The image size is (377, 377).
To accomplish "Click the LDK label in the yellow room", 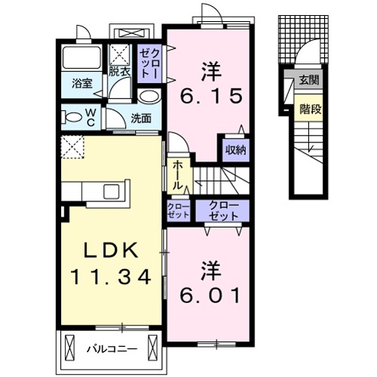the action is coord(112,250).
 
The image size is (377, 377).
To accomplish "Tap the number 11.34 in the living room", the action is coord(111,276).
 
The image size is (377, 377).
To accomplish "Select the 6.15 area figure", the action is coord(211,96).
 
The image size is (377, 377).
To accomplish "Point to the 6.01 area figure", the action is coord(210,295).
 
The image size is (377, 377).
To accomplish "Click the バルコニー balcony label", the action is coord(112,349).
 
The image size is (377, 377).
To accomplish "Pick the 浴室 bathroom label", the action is coord(82,84).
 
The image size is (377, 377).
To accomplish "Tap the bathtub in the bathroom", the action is coord(82,57).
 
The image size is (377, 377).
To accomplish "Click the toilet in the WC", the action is coord(72,118).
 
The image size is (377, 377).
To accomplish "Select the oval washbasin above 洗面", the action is coord(149,96).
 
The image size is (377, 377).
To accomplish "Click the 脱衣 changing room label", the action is coord(119,72).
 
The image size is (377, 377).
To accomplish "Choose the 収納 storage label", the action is coord(235,150).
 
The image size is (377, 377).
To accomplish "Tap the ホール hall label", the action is coord(177,176).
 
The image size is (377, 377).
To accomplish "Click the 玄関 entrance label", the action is coord(309,80).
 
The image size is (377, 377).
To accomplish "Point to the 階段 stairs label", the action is coord(311,109).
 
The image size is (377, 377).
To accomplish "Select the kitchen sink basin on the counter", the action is coord(112,192).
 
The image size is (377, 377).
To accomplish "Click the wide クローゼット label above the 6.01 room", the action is coord(223,210).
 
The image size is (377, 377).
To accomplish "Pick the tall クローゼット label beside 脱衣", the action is coord(149,63).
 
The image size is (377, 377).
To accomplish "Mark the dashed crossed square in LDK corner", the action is coord(72,147).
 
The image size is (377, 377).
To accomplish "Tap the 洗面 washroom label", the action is coord(141,118).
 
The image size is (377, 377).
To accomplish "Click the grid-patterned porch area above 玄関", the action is coord(303,39).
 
